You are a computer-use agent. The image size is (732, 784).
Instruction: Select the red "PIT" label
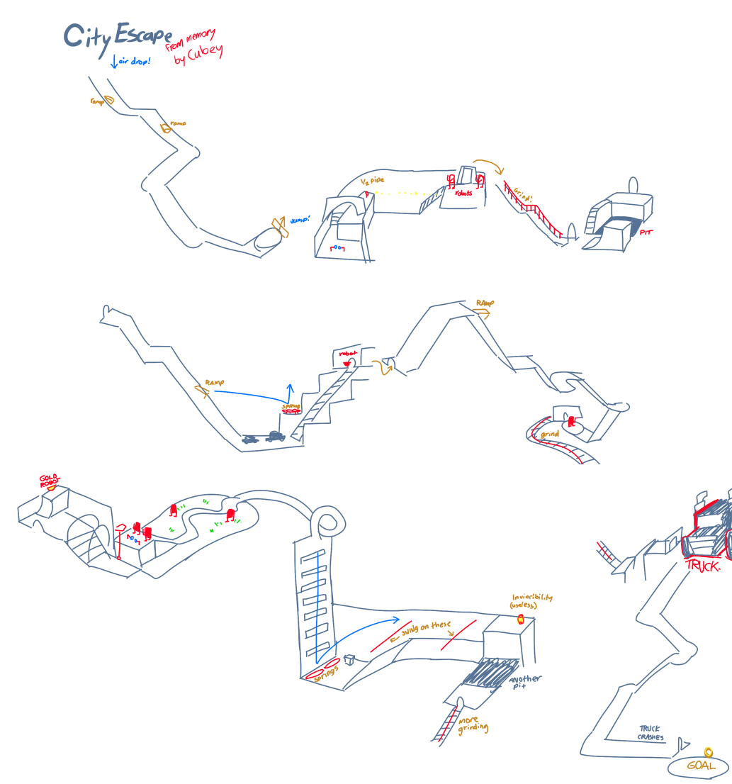point(646,233)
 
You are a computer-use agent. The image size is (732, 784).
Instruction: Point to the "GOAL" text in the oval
point(701,766)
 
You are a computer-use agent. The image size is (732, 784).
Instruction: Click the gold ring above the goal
point(708,752)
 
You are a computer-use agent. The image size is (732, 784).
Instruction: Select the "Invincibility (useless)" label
point(531,601)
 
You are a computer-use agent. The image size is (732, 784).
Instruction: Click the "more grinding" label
point(473,725)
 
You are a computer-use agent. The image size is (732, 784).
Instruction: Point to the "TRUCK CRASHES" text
point(651,733)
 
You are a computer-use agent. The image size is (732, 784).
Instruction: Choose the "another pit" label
point(525,683)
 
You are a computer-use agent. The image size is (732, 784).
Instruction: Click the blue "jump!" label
point(300,220)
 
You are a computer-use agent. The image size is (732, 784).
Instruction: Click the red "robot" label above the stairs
point(348,353)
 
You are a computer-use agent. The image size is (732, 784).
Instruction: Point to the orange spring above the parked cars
point(290,409)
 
